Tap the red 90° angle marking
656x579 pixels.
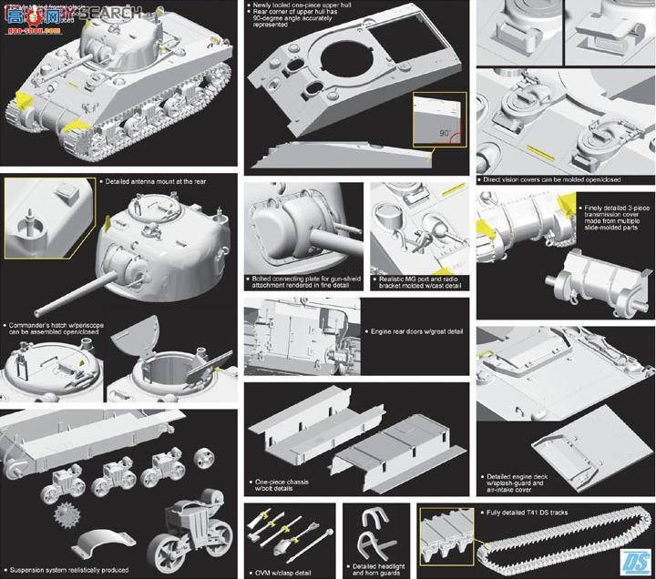click(449, 134)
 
